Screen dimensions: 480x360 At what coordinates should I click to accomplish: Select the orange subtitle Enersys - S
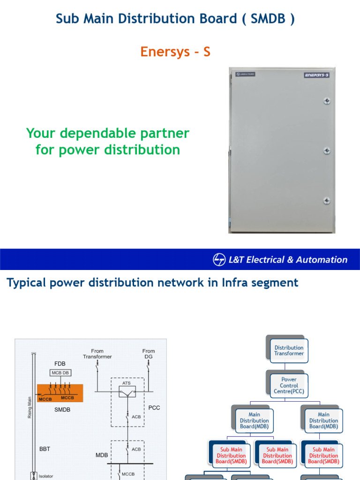(175, 52)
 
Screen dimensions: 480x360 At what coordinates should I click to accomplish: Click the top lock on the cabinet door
(327, 101)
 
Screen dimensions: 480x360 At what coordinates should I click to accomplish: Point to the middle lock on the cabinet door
(327, 151)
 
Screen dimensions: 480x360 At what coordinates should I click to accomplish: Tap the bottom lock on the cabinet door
(327, 201)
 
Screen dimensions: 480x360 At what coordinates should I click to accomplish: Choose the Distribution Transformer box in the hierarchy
(289, 351)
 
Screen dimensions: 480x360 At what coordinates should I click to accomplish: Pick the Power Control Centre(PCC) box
(289, 385)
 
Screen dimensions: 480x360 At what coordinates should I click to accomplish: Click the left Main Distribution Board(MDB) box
(254, 420)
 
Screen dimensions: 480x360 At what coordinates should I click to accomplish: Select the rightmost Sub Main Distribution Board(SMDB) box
(323, 456)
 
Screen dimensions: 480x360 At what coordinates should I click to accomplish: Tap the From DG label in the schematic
(149, 354)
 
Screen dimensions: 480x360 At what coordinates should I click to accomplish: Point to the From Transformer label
(97, 354)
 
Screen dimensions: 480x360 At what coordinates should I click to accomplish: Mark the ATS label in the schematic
(127, 383)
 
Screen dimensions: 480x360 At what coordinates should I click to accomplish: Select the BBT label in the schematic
(45, 449)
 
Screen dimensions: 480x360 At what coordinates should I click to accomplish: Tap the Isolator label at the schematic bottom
(46, 476)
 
